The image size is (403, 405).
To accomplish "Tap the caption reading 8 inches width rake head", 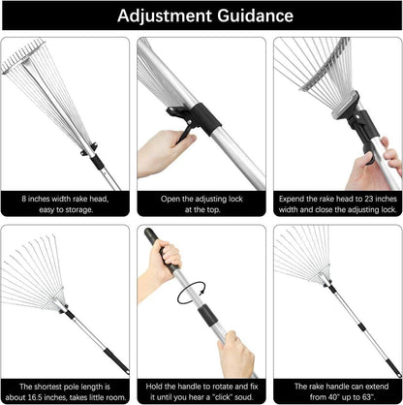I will [x=66, y=203].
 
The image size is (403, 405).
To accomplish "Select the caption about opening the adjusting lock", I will [x=201, y=203].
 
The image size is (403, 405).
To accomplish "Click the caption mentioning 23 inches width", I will [x=337, y=203].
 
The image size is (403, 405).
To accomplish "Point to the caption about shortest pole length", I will [x=66, y=390].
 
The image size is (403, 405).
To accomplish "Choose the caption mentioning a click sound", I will [x=201, y=390].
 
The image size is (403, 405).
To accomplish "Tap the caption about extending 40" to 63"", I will [x=337, y=390].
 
